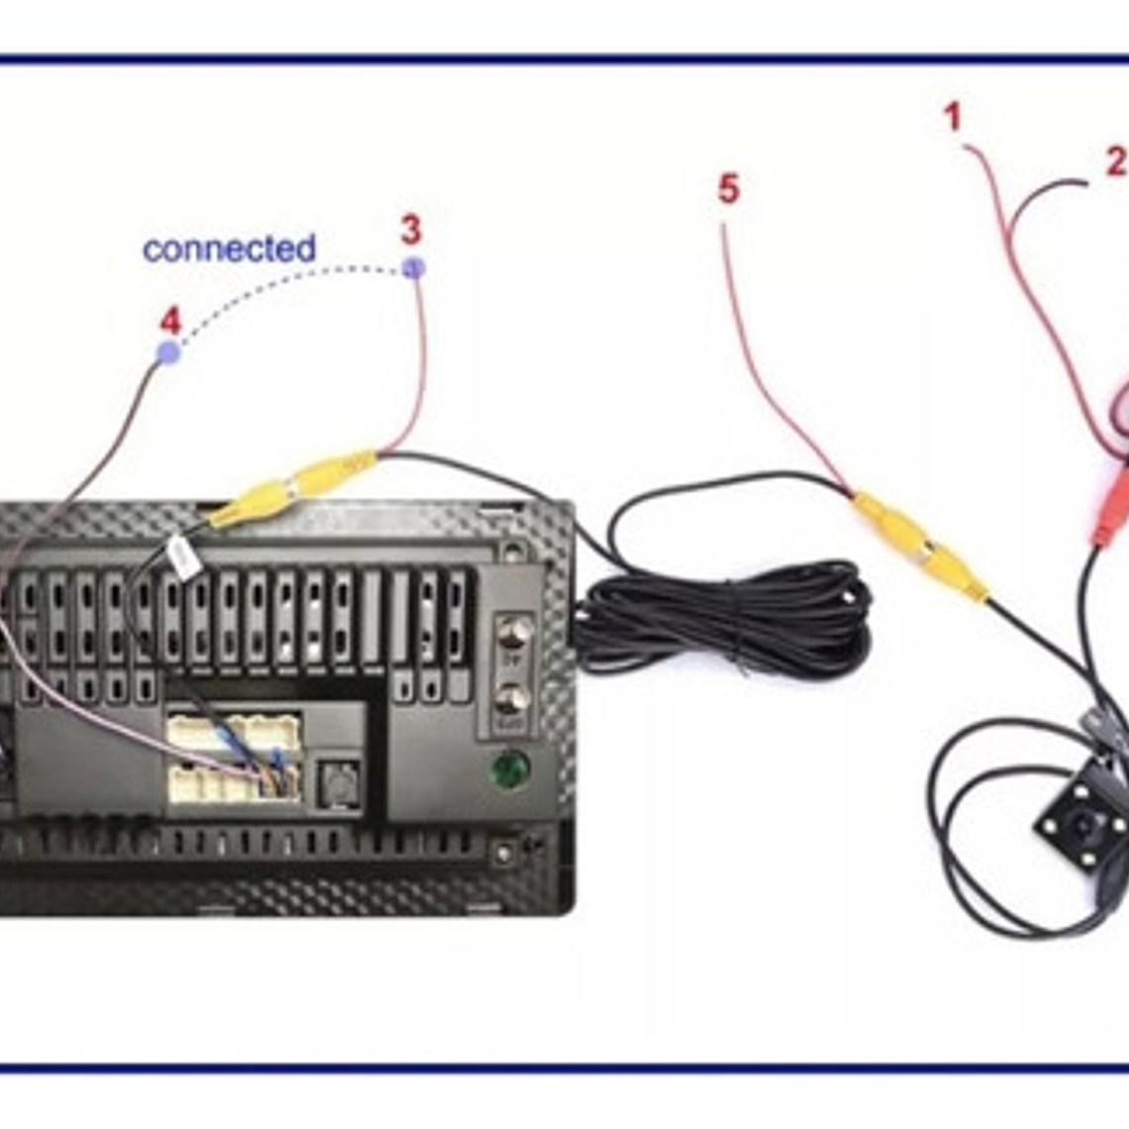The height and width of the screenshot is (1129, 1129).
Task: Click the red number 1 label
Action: coord(953,117)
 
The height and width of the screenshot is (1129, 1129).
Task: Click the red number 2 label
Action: coord(1115,160)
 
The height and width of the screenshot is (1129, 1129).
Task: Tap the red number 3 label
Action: coord(411,230)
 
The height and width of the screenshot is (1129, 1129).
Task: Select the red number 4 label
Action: coord(170,321)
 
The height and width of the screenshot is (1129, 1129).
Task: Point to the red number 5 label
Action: coord(728,189)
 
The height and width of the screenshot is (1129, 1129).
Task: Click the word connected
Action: coord(229,249)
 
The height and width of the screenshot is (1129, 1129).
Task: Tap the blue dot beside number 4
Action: coord(169,352)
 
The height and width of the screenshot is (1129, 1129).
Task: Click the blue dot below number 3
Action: coord(414,267)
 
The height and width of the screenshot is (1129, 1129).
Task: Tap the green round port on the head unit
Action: coord(511,769)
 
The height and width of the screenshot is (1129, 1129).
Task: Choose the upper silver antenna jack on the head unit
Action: coord(512,631)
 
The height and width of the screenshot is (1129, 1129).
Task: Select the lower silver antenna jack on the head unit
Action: coord(512,699)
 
